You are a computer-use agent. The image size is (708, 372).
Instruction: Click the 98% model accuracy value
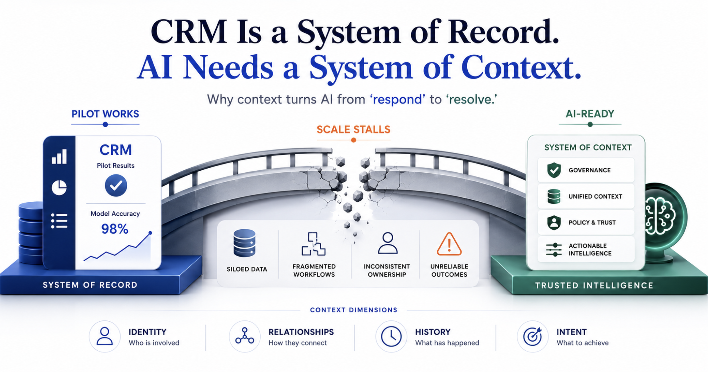tap(115, 229)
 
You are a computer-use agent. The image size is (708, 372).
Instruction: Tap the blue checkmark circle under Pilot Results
tap(116, 185)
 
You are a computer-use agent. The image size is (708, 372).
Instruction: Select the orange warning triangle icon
tap(449, 244)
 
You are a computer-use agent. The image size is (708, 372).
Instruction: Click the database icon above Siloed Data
tap(244, 243)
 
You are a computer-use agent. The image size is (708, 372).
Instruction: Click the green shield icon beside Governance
tap(554, 170)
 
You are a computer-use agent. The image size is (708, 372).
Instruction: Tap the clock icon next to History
tap(391, 336)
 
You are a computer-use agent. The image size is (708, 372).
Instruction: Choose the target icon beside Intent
tap(532, 336)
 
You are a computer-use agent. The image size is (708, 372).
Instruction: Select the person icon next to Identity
tap(105, 336)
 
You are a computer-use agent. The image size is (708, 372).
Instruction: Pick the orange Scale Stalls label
tap(353, 130)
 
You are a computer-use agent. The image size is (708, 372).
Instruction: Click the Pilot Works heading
tap(105, 114)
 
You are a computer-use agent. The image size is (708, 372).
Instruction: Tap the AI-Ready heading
tap(590, 114)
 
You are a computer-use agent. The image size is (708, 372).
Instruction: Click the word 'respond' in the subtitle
tap(398, 99)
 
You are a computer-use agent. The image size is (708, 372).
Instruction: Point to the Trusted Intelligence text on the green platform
tap(594, 285)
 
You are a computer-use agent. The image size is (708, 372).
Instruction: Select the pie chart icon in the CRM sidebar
tap(59, 187)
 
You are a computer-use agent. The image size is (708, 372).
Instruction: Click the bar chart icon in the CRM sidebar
tap(59, 156)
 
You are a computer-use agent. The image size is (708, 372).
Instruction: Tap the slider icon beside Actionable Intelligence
tap(554, 250)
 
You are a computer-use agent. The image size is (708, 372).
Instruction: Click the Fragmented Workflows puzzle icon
tap(314, 244)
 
